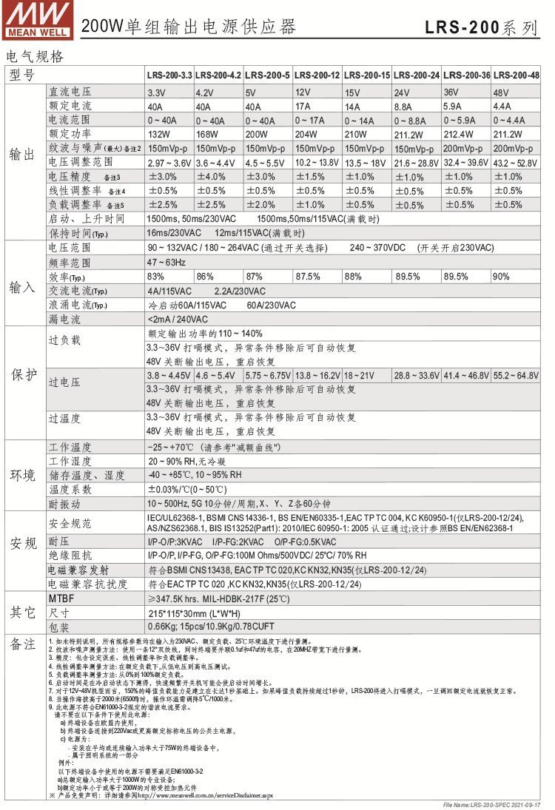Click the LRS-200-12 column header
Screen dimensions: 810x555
tap(317, 75)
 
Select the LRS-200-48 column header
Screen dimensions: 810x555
tap(516, 75)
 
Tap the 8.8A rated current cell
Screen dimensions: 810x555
tap(404, 106)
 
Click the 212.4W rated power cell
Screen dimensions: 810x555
tap(458, 134)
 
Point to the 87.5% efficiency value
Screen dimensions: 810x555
tap(308, 276)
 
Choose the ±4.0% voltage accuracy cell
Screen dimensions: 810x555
tap(211, 177)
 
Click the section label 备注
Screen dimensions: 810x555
tap(22, 645)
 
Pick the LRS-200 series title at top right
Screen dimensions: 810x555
tap(481, 28)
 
